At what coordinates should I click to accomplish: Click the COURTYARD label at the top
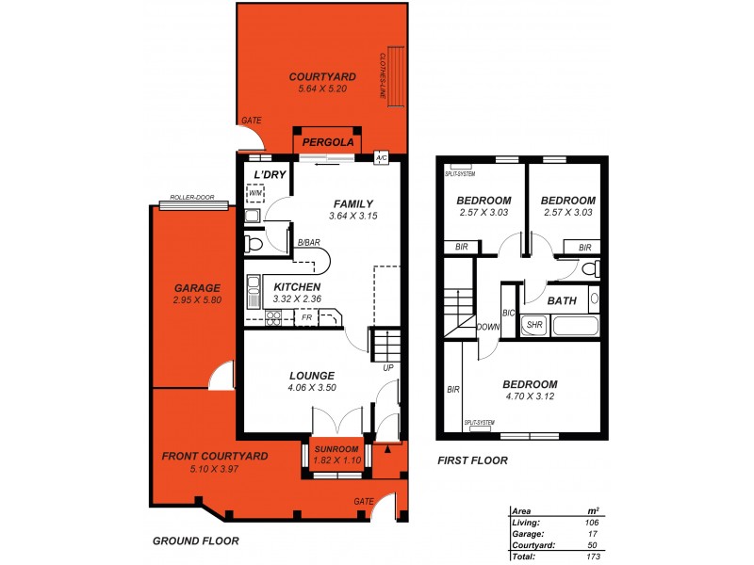click(x=321, y=76)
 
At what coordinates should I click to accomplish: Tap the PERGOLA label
click(x=327, y=142)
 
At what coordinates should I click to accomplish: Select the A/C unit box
click(x=381, y=157)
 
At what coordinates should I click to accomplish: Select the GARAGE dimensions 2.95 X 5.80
click(x=197, y=300)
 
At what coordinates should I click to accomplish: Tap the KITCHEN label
click(x=297, y=287)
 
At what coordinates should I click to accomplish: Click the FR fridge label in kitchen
click(x=306, y=318)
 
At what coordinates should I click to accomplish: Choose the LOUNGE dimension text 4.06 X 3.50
click(x=312, y=387)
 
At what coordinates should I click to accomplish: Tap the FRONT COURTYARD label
click(x=216, y=456)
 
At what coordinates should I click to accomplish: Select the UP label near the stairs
click(x=386, y=367)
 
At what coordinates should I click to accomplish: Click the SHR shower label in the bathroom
click(x=534, y=325)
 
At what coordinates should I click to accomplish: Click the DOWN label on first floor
click(x=488, y=328)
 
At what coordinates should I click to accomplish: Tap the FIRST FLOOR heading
click(x=473, y=461)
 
